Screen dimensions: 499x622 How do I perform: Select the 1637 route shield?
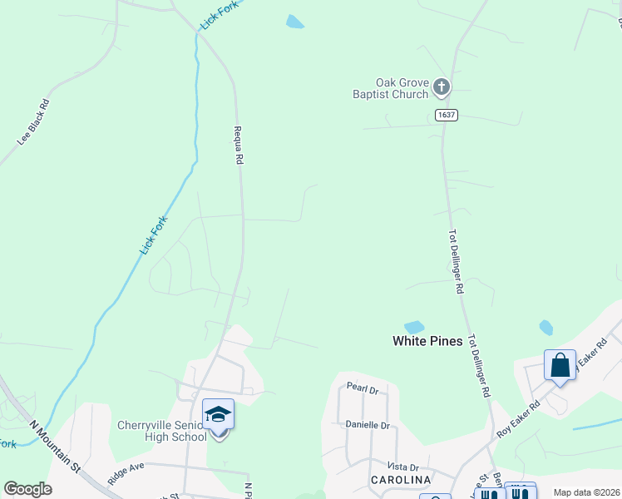pos(445,116)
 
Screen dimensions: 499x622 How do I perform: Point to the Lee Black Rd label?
pos(34,123)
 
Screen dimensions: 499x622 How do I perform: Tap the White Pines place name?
pos(427,341)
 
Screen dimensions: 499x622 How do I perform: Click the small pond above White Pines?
pos(413,327)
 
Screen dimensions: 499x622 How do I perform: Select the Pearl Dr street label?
pos(363,388)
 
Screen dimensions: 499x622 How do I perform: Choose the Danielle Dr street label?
pos(368,425)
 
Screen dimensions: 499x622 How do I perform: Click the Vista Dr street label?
pos(402,467)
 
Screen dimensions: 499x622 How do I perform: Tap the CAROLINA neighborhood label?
pos(402,481)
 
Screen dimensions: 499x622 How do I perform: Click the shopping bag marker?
pos(560,364)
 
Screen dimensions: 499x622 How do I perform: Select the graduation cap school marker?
pos(218,414)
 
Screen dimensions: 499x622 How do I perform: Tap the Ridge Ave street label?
pos(126,473)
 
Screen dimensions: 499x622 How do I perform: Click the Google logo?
pos(27,489)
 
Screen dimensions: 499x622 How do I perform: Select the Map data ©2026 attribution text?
pos(586,492)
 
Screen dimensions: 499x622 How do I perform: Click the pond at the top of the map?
pos(295,22)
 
